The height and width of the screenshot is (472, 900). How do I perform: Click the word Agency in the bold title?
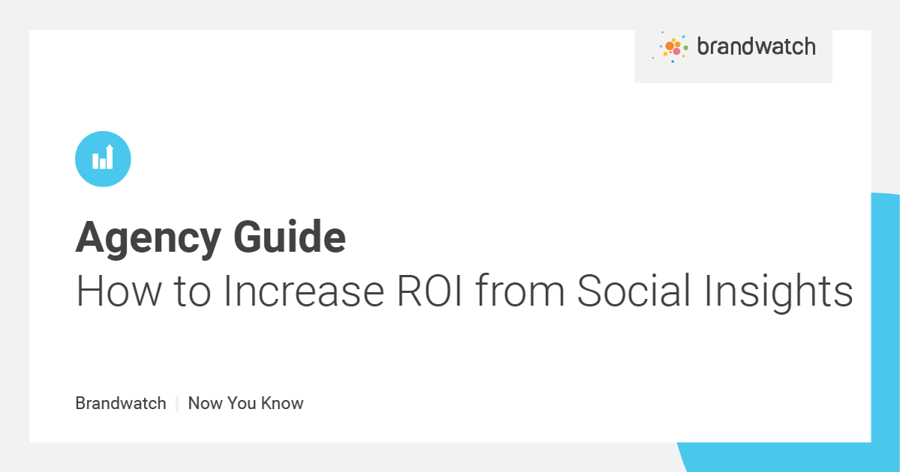tap(148, 238)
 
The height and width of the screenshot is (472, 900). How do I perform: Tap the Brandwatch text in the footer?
tap(121, 403)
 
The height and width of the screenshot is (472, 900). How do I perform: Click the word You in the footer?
tap(244, 403)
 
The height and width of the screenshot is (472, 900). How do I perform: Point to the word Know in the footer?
tap(283, 403)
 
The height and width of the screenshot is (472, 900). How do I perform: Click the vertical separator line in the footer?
tap(177, 403)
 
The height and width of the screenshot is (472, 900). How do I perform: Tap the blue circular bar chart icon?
tap(103, 158)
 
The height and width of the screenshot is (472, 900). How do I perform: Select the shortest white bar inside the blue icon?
tap(102, 163)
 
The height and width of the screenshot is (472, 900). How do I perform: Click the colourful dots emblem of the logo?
tap(673, 47)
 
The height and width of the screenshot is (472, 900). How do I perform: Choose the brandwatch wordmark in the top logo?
tap(755, 46)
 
